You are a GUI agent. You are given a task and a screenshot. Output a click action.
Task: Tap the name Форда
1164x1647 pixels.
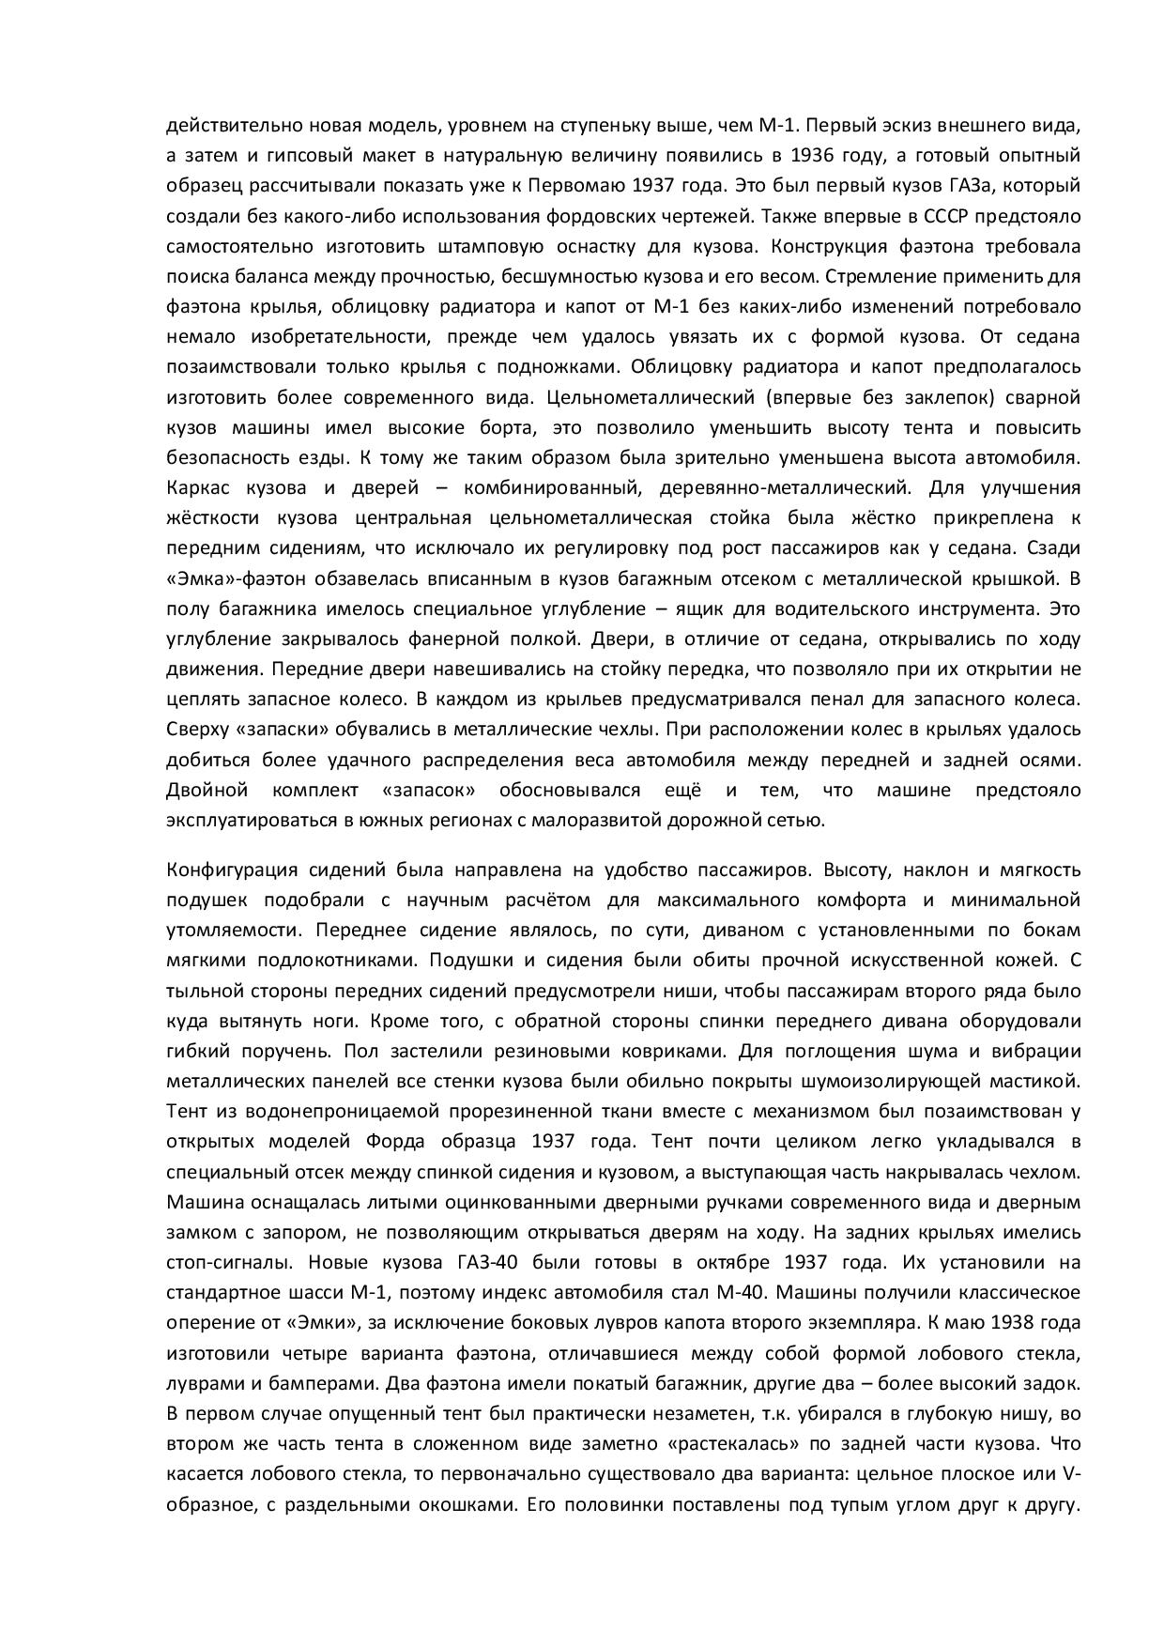421,1142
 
